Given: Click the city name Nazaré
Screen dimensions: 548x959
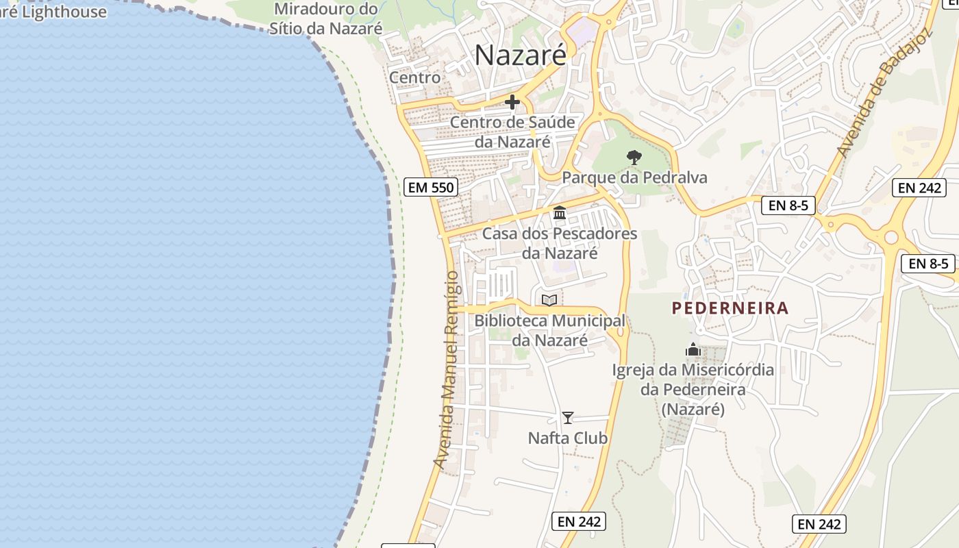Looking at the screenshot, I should (521, 55).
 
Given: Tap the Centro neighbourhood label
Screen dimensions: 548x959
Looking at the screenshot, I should (414, 77).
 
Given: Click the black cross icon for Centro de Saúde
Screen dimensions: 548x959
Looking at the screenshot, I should (512, 103).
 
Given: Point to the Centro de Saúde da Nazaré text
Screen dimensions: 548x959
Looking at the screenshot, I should (512, 132).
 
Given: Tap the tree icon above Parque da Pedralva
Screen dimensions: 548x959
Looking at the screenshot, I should (634, 158).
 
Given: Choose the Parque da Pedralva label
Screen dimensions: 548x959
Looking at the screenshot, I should (634, 177).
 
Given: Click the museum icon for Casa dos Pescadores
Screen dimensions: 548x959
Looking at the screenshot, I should (560, 213).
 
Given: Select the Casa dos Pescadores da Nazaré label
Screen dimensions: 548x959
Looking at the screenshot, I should (560, 243).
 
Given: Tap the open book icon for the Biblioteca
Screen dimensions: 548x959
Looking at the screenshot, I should (549, 300).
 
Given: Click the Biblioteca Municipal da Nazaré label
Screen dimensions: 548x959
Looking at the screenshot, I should (549, 330).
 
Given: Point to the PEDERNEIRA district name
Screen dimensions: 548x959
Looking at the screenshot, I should (730, 308).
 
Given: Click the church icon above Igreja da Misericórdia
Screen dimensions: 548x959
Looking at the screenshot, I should (693, 350).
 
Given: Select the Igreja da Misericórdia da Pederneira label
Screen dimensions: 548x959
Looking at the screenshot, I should (693, 389).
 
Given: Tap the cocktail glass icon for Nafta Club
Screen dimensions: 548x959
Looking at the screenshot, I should (568, 417).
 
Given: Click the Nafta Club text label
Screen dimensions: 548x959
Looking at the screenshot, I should (568, 438).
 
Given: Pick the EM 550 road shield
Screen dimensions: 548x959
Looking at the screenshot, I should (431, 187).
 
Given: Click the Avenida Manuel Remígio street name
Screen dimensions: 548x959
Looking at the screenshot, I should (446, 370).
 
